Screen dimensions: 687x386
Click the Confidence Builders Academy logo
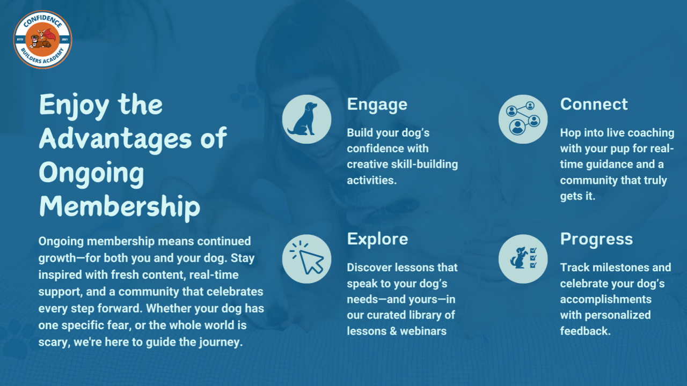click(x=42, y=40)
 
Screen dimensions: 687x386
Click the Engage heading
click(x=377, y=105)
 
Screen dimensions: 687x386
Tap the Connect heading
click(x=594, y=104)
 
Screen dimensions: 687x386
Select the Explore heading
click(x=377, y=239)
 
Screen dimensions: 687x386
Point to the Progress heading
click(x=596, y=239)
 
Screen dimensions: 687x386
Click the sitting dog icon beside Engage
click(x=306, y=119)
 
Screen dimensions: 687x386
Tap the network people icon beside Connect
click(x=523, y=119)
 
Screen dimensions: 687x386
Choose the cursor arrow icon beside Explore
click(x=306, y=259)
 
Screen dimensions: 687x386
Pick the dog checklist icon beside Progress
click(x=523, y=259)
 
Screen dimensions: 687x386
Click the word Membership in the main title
click(x=120, y=207)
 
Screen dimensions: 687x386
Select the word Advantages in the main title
click(x=115, y=139)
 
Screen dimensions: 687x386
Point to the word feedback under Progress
click(x=585, y=331)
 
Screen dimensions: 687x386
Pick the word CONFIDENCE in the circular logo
click(x=42, y=21)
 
